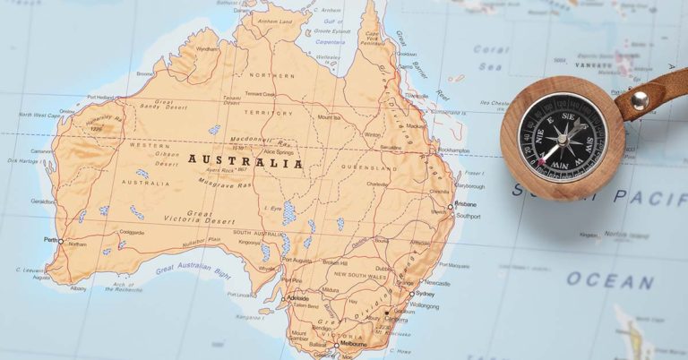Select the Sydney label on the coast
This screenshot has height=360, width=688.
click(x=426, y=294)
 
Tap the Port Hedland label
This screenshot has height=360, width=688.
click(x=100, y=98)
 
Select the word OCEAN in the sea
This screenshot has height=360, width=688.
click(x=610, y=280)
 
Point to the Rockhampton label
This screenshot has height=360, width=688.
click(x=455, y=150)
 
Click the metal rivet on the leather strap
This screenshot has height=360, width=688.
click(x=639, y=99)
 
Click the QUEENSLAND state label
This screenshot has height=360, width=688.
click(x=373, y=167)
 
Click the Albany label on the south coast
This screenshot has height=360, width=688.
click(x=80, y=289)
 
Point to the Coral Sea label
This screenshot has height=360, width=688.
click(x=490, y=56)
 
